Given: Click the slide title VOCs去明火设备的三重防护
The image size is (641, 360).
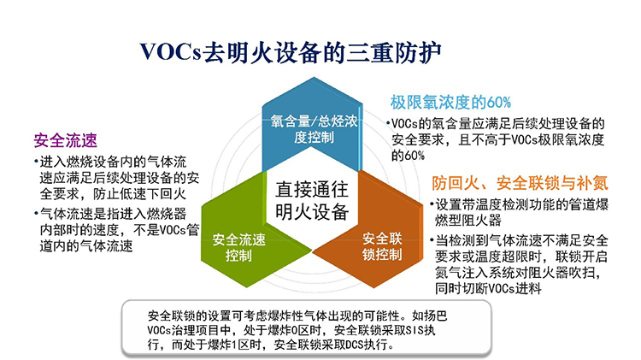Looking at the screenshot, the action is [x=291, y=53].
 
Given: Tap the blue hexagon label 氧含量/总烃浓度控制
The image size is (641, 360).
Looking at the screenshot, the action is [x=314, y=129].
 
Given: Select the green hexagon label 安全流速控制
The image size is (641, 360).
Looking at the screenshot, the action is [x=238, y=247].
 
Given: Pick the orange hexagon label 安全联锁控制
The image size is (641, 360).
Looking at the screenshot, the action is [x=382, y=246].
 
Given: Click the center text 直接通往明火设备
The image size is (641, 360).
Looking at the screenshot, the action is [x=312, y=200].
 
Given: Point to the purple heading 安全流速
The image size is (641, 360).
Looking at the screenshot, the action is [x=66, y=140].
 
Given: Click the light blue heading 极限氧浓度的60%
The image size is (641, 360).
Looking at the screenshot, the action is [x=450, y=103].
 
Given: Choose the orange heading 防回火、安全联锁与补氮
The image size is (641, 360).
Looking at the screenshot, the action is [x=520, y=183].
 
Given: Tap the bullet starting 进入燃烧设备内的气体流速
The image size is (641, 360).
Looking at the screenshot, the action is [x=116, y=178].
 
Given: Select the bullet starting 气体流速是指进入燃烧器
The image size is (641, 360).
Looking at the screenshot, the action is [x=116, y=229].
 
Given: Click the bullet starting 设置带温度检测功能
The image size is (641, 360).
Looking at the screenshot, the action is [x=519, y=212].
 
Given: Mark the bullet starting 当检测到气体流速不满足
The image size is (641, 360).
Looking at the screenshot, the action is [x=519, y=265].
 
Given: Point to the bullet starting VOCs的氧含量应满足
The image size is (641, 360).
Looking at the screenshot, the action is [x=496, y=139].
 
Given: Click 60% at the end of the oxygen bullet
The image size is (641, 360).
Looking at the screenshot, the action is [x=415, y=156].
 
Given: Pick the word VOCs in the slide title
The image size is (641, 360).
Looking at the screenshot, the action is [x=171, y=53].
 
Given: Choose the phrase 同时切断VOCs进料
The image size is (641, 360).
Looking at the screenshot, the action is [x=488, y=288].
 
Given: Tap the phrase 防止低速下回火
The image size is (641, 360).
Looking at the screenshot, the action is [x=139, y=194].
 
